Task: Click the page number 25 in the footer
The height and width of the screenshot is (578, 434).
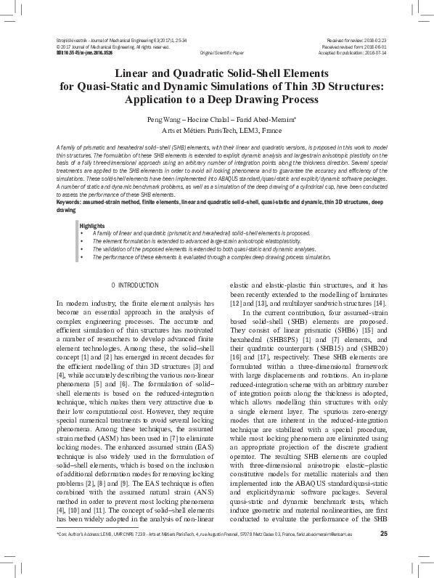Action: pos(382,555)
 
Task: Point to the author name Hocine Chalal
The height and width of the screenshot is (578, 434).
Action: pos(208,118)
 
